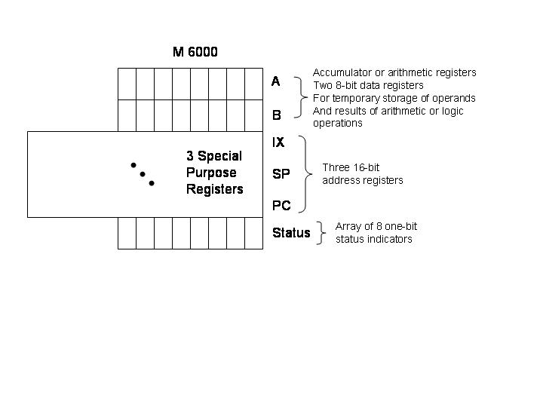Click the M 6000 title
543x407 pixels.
(195, 52)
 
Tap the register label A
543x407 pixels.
(276, 81)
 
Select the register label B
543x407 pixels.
(276, 115)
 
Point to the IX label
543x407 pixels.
(278, 142)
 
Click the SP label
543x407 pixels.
(281, 174)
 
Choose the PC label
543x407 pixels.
(281, 206)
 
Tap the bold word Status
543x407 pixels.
(291, 233)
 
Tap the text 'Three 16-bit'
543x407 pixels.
(351, 167)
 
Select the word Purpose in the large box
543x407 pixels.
(211, 173)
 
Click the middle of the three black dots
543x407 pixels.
(143, 174)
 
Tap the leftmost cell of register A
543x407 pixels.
(127, 84)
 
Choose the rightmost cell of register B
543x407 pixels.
(254, 115)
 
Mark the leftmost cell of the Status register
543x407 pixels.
(127, 233)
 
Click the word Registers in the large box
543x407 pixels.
(215, 189)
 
